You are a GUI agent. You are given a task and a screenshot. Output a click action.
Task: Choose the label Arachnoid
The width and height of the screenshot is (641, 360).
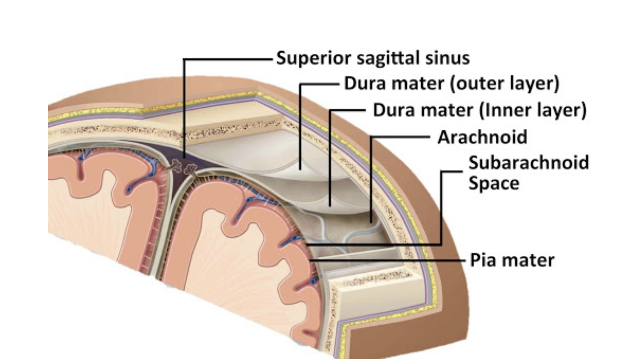[482, 137]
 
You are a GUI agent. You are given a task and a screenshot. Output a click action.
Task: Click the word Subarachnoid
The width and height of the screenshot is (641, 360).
[529, 162]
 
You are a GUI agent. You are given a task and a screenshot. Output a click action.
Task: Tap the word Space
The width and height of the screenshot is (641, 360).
[494, 184]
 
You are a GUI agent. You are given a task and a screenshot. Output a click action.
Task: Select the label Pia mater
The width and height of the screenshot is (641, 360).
[512, 260]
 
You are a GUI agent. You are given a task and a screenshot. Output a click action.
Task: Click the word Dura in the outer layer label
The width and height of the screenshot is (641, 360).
[365, 83]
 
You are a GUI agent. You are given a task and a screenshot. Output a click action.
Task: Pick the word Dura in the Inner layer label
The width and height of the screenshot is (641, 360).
[394, 110]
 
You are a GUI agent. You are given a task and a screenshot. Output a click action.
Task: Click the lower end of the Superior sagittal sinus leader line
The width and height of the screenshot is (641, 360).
[184, 158]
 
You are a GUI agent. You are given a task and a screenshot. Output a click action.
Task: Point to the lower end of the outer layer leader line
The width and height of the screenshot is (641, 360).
[300, 169]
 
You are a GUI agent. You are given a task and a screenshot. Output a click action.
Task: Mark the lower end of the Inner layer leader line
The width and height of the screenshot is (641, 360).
[330, 206]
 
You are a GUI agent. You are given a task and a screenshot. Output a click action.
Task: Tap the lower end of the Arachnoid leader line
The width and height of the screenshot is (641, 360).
[371, 223]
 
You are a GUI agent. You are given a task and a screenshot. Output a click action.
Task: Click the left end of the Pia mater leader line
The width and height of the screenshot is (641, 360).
[310, 260]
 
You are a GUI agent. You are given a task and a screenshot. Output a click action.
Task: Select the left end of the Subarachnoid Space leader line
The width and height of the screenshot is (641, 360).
[306, 245]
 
